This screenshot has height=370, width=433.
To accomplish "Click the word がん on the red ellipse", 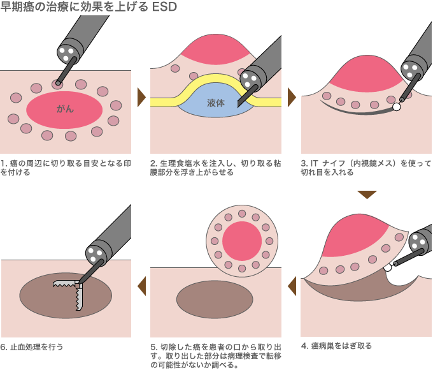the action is coord(65,109).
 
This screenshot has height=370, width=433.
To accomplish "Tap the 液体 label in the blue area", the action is coord(216,103).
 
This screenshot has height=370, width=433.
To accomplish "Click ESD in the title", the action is coord(164,6).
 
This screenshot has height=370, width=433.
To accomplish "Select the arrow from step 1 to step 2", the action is coord(141,98).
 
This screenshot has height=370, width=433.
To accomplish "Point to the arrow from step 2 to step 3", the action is coord(292,98).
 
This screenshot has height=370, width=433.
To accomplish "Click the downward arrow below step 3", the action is coord(367,195).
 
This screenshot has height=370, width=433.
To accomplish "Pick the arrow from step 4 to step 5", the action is coord(292,286).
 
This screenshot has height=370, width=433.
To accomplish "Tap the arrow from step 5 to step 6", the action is coord(141,286).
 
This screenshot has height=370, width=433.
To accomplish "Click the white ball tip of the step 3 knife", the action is coord(396,107).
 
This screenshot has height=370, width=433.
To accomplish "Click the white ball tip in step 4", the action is coord(388,267).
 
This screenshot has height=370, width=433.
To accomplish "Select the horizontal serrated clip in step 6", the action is coord(64,283).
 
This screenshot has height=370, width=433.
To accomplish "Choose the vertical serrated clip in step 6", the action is coord(79,297).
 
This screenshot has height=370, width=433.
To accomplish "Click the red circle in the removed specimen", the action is coord(242,241).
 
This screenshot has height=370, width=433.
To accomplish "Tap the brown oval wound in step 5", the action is coord(215,300).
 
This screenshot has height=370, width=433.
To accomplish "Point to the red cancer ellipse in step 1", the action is coord(64,110).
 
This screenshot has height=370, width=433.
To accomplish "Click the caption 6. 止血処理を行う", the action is coord(32,347).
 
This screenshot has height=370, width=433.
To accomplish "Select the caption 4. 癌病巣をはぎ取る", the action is coord(336,346).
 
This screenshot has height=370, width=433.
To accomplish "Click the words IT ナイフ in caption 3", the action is coord(328,163).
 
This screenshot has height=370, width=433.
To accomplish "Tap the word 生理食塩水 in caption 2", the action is coord(181,163).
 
